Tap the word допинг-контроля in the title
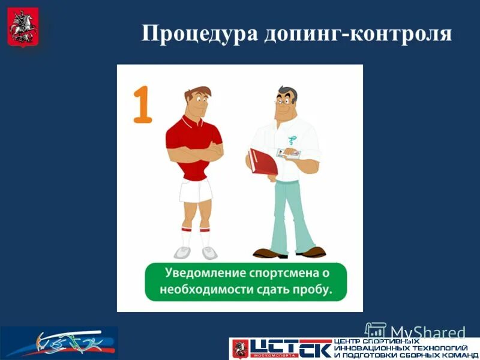[358, 33]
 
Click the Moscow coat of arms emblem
[23, 26]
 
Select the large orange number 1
[142, 104]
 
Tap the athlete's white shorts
[196, 191]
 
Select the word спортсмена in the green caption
[282, 273]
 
